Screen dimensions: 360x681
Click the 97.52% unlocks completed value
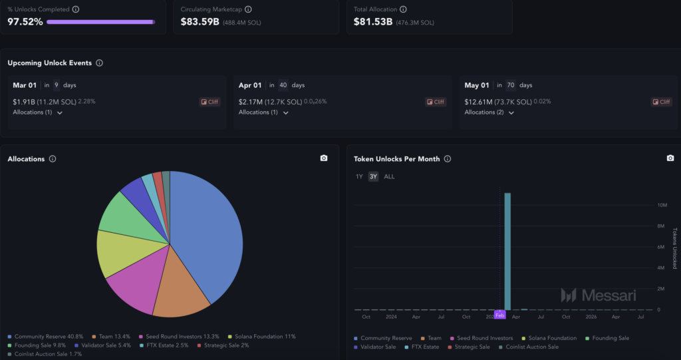tap(25, 22)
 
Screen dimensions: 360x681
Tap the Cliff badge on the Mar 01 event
tap(209, 102)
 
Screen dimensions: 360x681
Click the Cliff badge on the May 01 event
tap(661, 102)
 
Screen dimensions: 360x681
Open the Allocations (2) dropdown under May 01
tap(489, 112)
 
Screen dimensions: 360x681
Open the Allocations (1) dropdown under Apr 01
tap(263, 112)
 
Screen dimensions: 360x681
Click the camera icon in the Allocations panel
tap(324, 158)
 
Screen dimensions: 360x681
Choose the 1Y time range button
tap(359, 176)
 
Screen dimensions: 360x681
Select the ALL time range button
tap(389, 176)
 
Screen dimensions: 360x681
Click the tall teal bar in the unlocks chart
tap(507, 253)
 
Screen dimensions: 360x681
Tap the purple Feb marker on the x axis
tap(499, 315)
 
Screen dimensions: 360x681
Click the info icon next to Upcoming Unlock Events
tap(99, 63)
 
